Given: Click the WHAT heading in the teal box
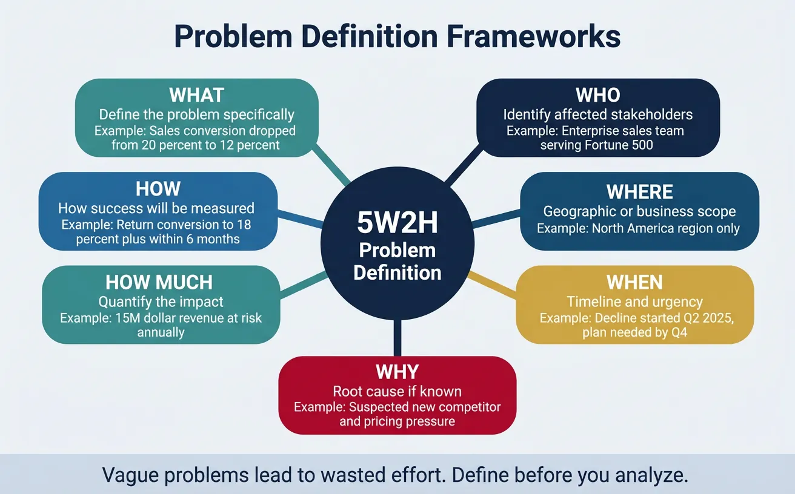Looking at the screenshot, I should tap(196, 96).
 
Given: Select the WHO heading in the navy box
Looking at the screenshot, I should tap(597, 96).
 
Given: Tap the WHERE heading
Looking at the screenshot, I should tap(639, 192).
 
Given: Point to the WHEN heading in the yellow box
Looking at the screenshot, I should tap(634, 282).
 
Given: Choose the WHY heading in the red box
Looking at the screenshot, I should tap(397, 371).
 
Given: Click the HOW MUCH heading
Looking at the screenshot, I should tap(159, 282).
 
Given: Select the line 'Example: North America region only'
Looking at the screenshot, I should tap(638, 229).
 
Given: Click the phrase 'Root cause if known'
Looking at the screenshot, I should tap(397, 391).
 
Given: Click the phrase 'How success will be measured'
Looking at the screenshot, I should tap(156, 208).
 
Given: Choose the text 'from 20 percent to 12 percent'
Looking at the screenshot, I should tap(196, 145).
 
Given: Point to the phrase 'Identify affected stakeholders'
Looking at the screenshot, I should tap(597, 114).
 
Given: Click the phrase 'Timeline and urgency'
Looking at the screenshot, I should tap(634, 301).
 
